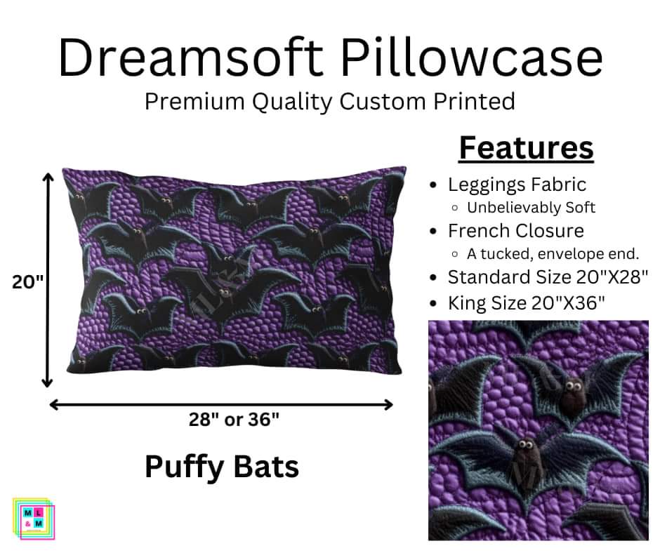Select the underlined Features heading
[526, 148]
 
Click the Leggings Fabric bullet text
[517, 185]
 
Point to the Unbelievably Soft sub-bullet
[531, 208]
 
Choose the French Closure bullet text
[516, 231]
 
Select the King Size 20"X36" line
[527, 303]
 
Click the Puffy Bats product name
[221, 466]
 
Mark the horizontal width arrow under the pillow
[221, 404]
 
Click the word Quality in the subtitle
[289, 101]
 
